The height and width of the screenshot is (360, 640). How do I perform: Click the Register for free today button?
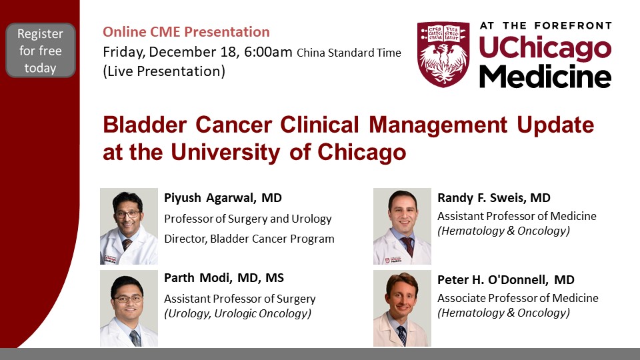click(41, 50)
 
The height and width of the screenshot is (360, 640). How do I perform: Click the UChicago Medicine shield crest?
click(443, 54)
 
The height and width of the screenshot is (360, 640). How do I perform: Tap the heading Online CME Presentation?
click(186, 32)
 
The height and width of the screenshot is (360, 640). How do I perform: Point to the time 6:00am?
click(268, 52)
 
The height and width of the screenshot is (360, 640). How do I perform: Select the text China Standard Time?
click(349, 53)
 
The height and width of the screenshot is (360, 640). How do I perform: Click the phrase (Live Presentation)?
click(164, 71)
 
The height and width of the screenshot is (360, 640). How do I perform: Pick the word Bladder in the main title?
click(145, 125)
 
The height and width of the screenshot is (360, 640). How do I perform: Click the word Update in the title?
click(555, 125)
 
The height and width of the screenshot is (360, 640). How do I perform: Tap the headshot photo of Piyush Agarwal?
click(129, 226)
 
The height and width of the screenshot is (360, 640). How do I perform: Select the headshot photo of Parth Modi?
click(129, 309)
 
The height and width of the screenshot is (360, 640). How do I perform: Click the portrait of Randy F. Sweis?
click(402, 226)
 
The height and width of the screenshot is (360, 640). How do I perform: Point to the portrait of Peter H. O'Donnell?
click(402, 309)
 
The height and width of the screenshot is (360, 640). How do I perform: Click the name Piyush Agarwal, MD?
click(223, 198)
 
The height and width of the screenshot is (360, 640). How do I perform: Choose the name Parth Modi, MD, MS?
click(224, 278)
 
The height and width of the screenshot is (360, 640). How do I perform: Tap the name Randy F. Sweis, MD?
click(494, 198)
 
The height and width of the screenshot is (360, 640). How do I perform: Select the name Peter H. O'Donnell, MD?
click(506, 279)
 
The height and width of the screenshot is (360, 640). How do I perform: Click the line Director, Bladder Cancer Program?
click(249, 239)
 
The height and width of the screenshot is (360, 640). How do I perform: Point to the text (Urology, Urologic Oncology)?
click(237, 313)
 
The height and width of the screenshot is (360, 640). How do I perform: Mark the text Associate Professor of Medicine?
click(518, 298)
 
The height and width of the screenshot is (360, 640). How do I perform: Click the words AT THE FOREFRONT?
click(546, 26)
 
